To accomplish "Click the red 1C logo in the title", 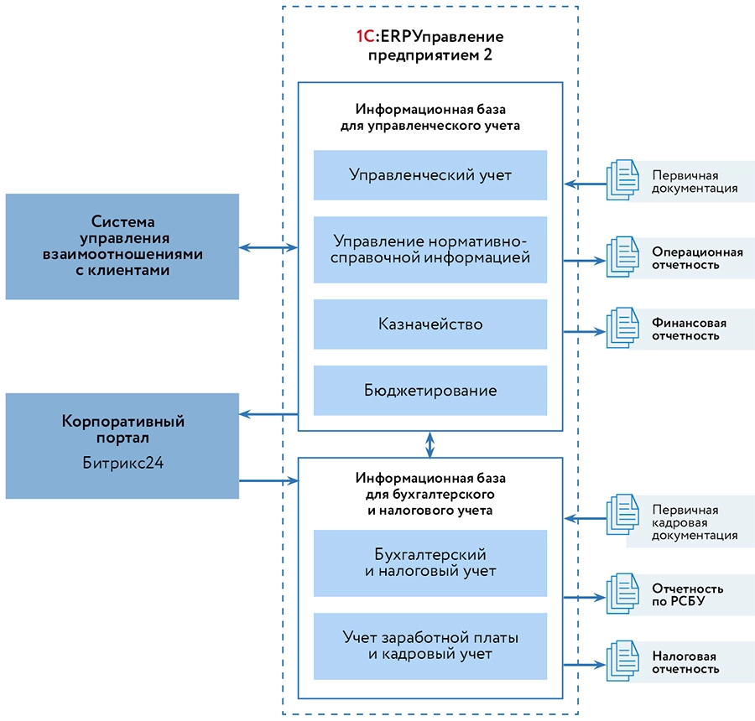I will [366, 37].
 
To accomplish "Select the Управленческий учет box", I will [430, 175].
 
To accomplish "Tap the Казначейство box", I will [430, 324].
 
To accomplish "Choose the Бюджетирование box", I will [430, 390].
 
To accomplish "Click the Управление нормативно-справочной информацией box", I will [430, 250].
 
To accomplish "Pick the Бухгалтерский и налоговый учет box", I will [430, 563].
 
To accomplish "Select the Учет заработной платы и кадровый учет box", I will [430, 646].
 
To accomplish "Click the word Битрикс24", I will [122, 461].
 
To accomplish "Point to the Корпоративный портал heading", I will [122, 429].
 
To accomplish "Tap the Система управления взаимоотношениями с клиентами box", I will [122, 246].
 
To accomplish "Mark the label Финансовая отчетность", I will [690, 329].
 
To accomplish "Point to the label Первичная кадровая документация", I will [695, 522].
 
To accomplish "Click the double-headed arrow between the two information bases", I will [430, 444].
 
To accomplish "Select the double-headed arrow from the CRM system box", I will [268, 247].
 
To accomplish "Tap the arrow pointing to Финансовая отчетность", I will [585, 331].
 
